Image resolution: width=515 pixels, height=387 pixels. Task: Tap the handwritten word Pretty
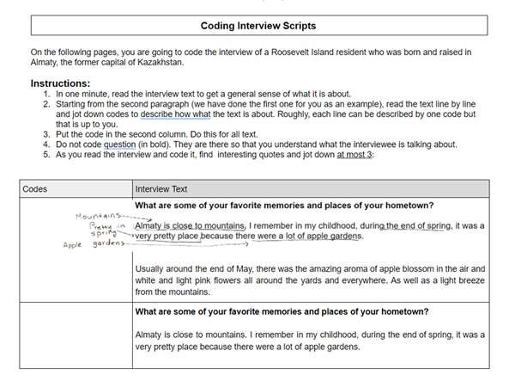[x=102, y=225]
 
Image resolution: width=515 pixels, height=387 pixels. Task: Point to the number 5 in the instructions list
[x=45, y=155]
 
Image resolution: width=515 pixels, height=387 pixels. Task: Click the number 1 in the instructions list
[x=45, y=93]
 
